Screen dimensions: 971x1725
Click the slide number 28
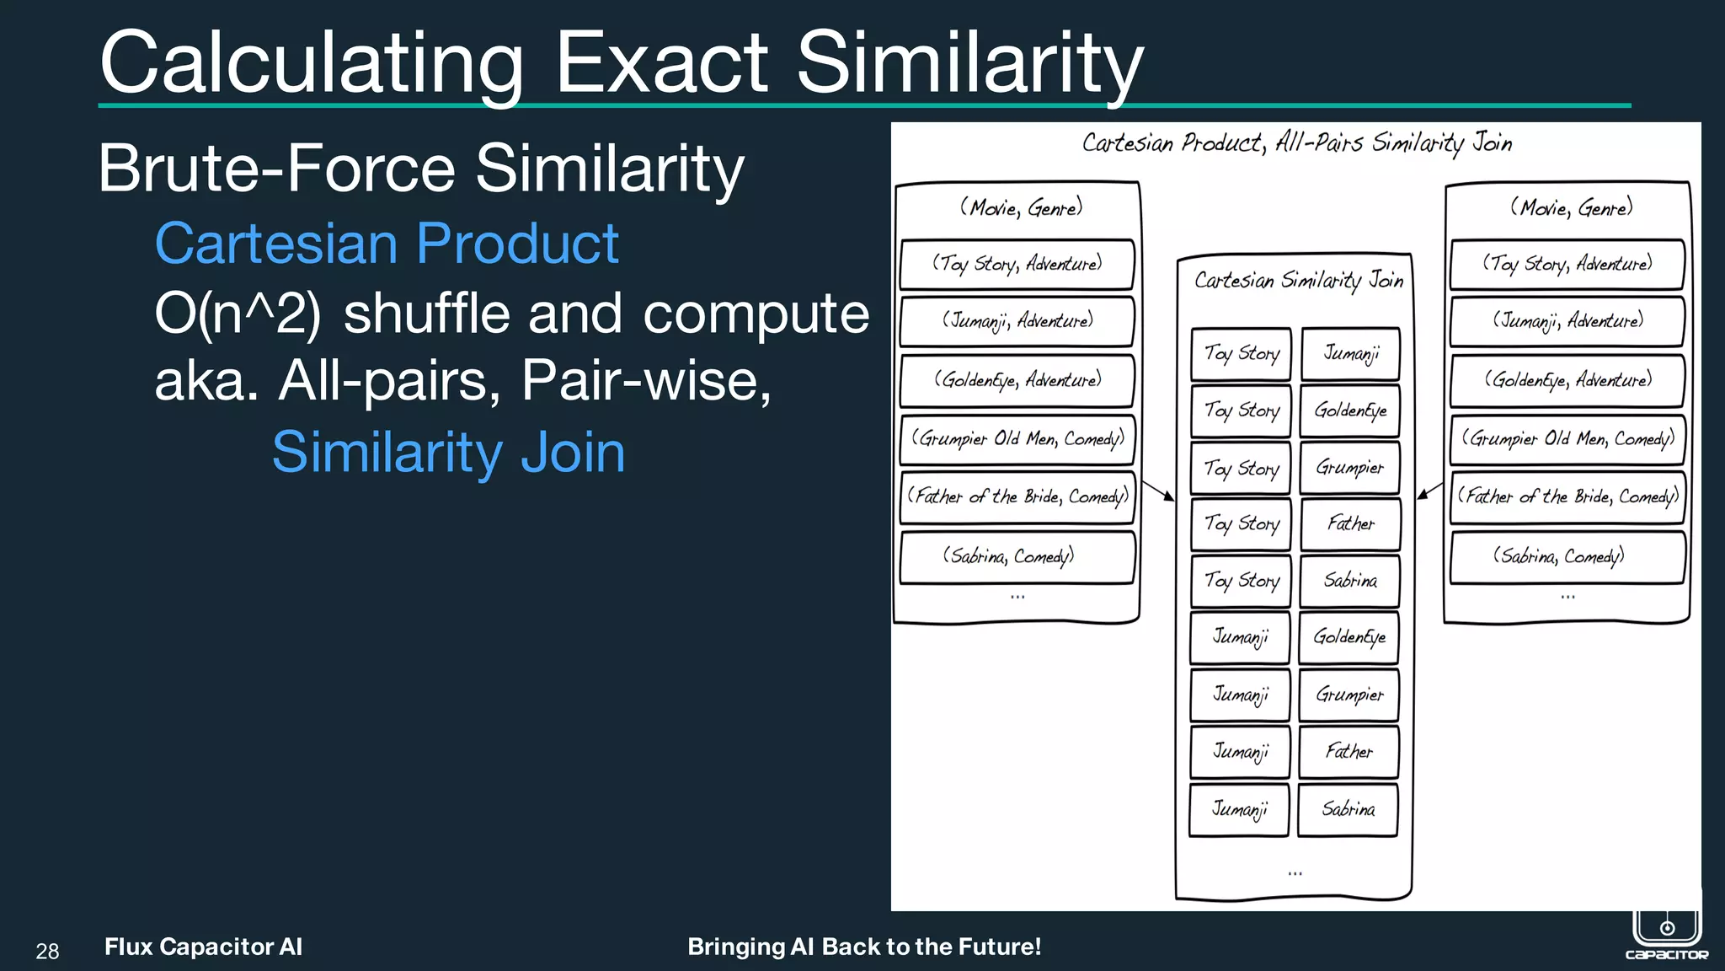(x=47, y=952)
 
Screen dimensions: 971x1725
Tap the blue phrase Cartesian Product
(x=387, y=244)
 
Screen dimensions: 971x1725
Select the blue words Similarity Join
(x=448, y=453)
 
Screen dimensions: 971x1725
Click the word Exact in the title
(x=661, y=63)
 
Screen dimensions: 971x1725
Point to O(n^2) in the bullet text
(x=238, y=314)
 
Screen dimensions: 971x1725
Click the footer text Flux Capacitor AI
(x=203, y=947)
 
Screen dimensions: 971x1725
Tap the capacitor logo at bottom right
(x=1666, y=931)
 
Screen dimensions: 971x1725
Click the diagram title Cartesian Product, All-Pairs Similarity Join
(x=1296, y=143)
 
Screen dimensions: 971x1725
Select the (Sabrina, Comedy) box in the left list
(x=1017, y=556)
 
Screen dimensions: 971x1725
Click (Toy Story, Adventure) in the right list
(x=1567, y=264)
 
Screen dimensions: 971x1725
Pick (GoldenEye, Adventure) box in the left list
(x=1017, y=380)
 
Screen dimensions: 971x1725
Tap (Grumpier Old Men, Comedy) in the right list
(x=1567, y=439)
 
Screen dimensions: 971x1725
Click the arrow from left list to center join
(x=1158, y=491)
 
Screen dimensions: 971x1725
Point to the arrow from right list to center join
(x=1429, y=491)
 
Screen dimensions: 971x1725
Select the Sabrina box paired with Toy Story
(x=1349, y=581)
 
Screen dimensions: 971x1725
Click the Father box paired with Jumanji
(x=1348, y=752)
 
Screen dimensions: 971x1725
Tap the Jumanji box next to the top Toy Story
(x=1350, y=353)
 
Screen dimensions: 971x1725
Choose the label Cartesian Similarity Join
(x=1298, y=280)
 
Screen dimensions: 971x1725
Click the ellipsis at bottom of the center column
(x=1295, y=873)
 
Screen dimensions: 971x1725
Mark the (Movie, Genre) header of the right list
(x=1570, y=207)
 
